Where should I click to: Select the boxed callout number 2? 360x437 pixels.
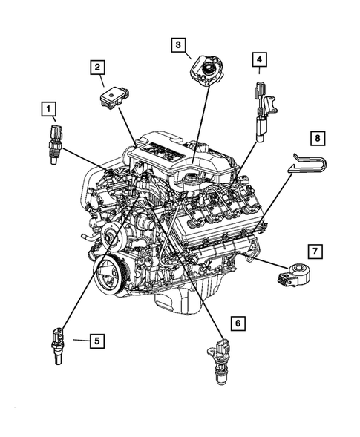tap(97, 68)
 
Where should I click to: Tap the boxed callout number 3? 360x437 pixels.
tap(177, 45)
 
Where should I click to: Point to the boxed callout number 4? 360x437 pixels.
tap(258, 58)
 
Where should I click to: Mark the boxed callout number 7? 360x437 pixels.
tap(314, 253)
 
